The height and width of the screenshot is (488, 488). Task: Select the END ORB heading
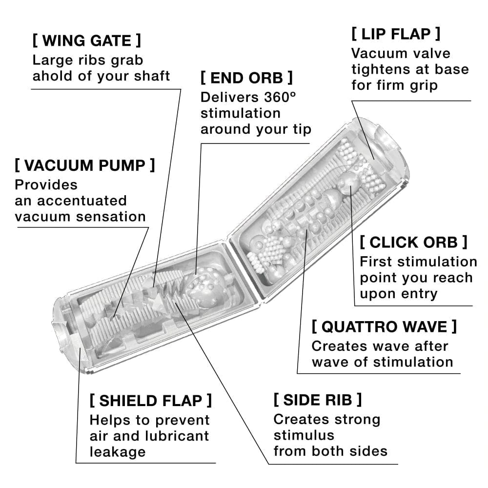pos(246,78)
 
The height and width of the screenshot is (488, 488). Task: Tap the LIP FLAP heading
pos(396,34)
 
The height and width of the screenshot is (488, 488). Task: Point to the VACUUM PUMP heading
pos(85,165)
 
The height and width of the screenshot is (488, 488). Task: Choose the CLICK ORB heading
pos(413,242)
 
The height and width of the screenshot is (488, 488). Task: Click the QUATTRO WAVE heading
pos(385,326)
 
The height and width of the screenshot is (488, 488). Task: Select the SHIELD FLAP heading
pos(151,401)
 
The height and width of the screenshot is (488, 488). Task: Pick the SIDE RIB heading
pos(318,400)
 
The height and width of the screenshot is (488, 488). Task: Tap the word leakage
pos(118,451)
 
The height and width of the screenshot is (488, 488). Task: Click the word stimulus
pos(304,435)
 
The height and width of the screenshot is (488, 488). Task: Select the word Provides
pos(46,185)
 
